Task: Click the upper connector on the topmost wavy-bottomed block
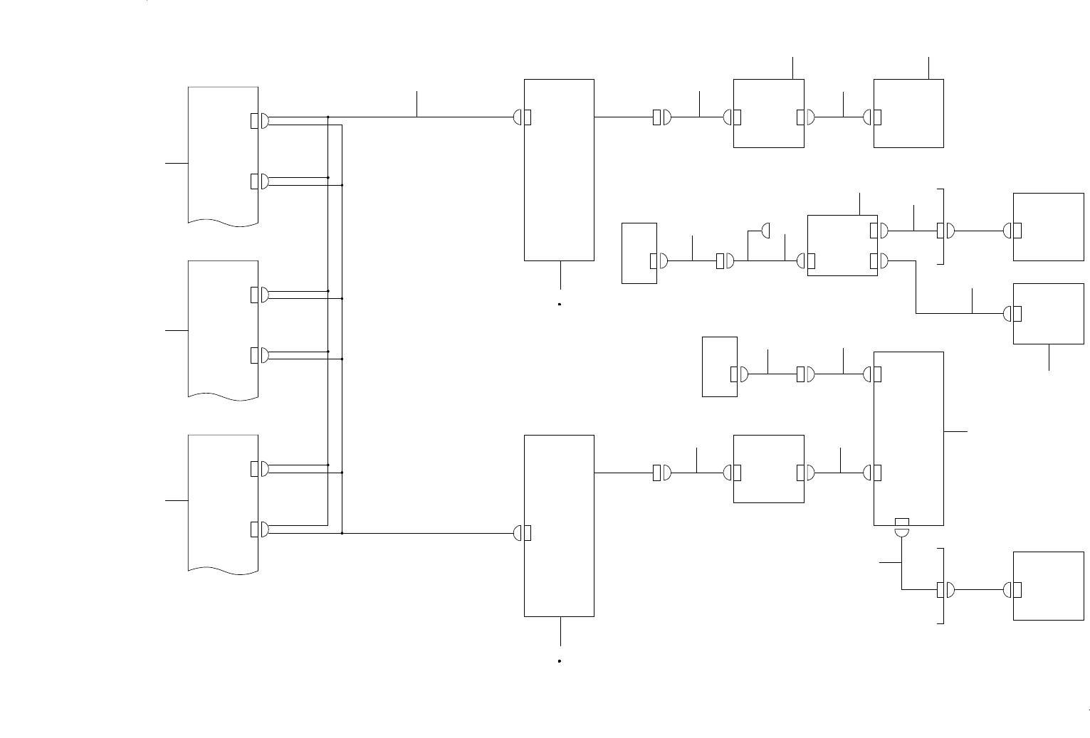(259, 121)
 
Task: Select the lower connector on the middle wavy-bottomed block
(259, 355)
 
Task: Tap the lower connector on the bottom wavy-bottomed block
(259, 529)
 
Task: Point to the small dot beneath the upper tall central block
(560, 304)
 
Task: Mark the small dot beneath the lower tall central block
(560, 661)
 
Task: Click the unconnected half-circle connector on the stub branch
(766, 231)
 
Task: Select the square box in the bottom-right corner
(1048, 586)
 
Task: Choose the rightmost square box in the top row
(908, 113)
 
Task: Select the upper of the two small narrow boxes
(639, 253)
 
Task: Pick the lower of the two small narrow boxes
(719, 367)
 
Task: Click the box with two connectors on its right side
(842, 245)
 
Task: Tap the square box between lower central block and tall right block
(768, 469)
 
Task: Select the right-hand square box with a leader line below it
(1048, 314)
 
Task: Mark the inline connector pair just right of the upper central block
(661, 117)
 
